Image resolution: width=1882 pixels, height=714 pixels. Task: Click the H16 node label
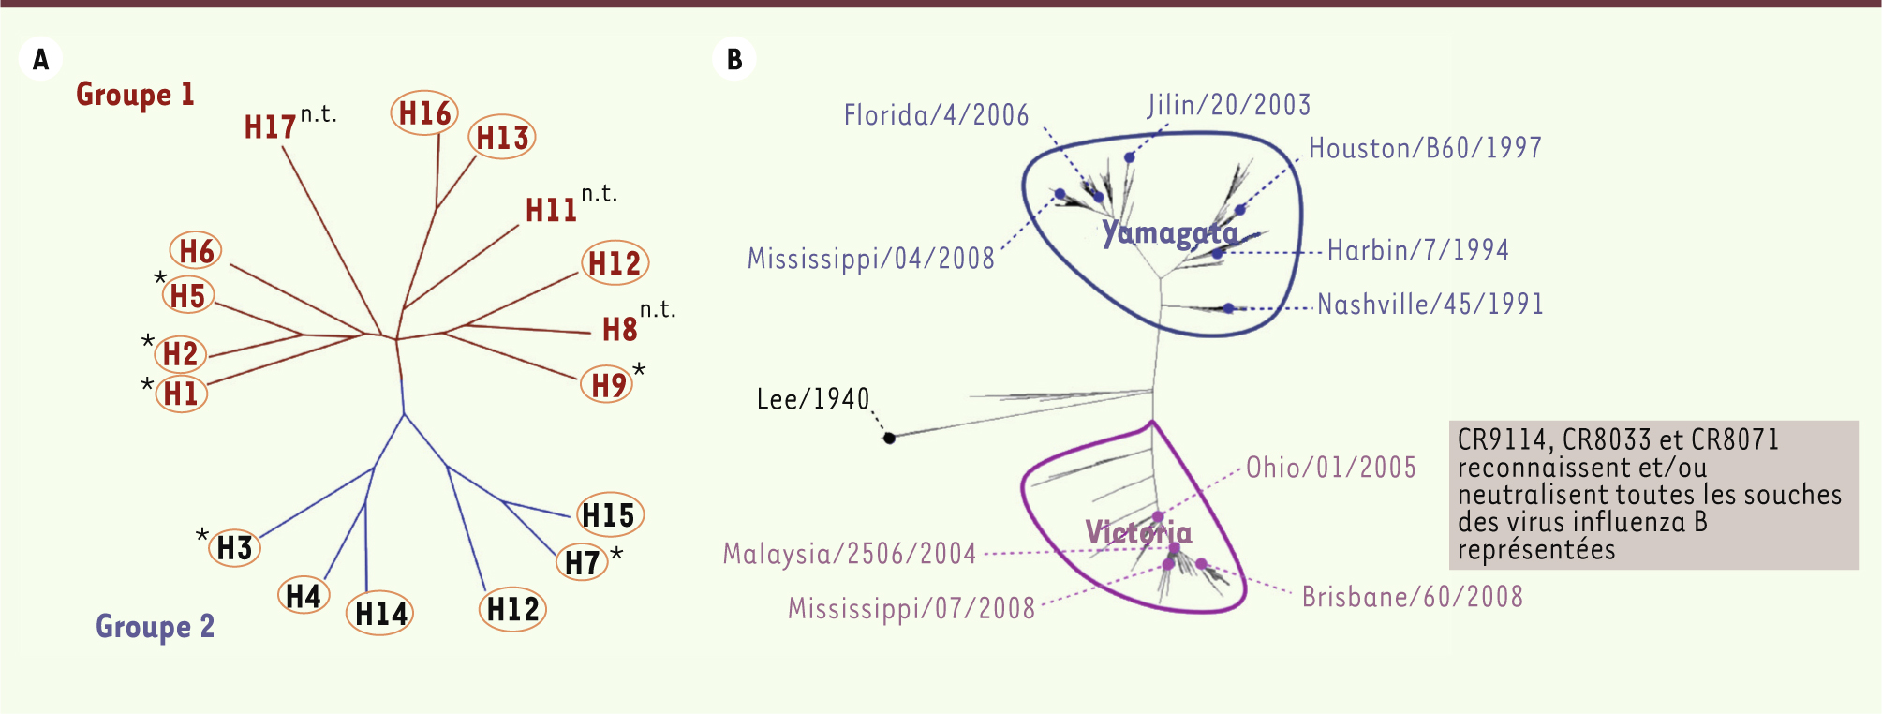pos(424,113)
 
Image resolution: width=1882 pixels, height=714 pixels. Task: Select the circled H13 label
pos(502,138)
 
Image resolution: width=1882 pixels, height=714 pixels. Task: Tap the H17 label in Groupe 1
pos(270,127)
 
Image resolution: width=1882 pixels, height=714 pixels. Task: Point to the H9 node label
pos(608,385)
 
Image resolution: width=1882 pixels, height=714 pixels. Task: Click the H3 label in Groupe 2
pos(234,547)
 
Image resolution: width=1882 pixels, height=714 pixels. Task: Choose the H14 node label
pos(380,614)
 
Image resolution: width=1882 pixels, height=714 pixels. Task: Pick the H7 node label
pos(582,562)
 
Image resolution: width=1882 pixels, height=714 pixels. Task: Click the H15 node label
pos(608,514)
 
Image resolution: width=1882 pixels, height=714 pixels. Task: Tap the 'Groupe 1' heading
pos(135,95)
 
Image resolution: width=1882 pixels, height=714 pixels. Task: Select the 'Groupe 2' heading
pos(156,626)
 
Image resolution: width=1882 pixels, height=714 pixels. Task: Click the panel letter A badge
pos(40,59)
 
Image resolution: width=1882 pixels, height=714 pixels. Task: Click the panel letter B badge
pos(734,59)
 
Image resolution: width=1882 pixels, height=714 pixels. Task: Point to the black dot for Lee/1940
pos(890,438)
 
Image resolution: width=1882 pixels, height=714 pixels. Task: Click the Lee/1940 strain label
pos(813,399)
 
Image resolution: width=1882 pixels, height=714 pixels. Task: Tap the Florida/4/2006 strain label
pos(936,114)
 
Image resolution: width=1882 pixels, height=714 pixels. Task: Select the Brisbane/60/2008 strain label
pos(1413,597)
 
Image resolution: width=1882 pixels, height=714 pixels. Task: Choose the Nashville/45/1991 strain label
pos(1430,305)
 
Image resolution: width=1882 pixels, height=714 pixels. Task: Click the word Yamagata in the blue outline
pos(1170,233)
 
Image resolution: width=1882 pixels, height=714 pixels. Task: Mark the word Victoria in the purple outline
pos(1139,532)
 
